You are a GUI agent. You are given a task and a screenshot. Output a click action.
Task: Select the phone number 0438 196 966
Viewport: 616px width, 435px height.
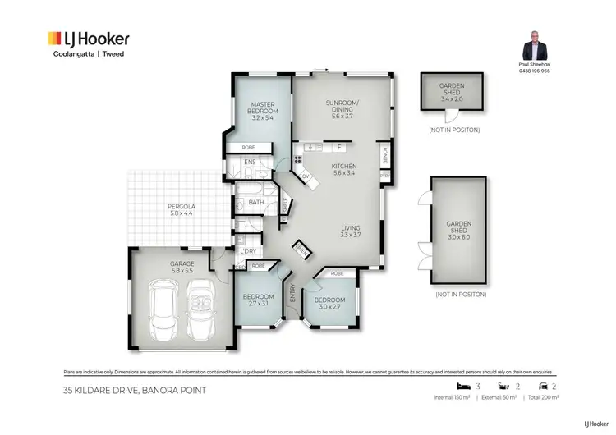534,71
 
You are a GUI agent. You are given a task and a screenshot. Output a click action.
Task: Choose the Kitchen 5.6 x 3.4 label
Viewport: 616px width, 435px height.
343,168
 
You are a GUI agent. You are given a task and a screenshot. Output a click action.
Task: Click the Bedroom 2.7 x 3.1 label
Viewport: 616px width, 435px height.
257,300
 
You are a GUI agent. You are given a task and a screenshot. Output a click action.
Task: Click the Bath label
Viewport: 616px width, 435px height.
255,202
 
